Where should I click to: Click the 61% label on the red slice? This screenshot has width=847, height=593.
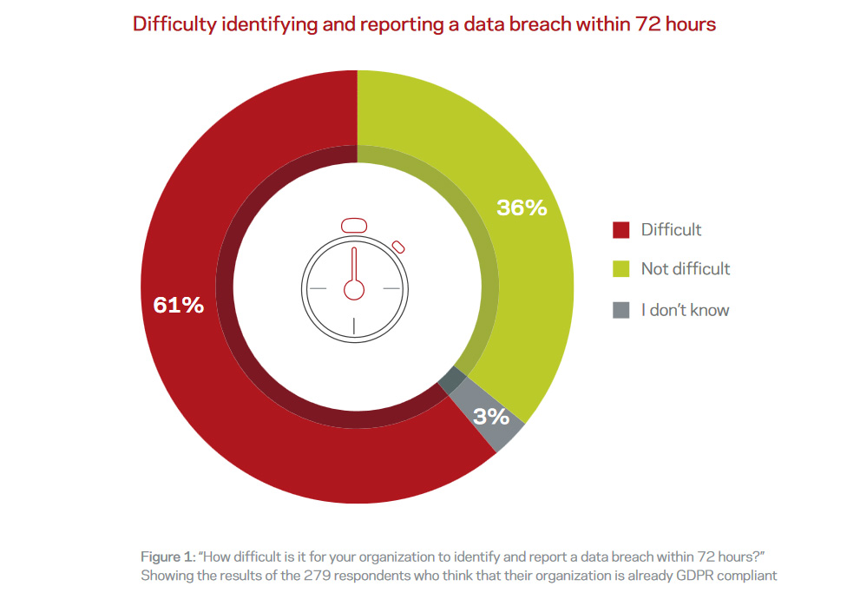tap(178, 306)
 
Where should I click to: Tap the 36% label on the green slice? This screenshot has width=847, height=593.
tap(522, 208)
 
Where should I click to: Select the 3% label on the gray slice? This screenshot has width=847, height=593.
tap(491, 417)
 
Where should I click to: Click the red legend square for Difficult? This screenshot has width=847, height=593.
tap(620, 230)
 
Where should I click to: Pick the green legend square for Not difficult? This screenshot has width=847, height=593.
tap(620, 269)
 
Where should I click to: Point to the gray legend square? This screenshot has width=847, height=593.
tap(620, 310)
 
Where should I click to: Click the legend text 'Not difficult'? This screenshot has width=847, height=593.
tap(686, 269)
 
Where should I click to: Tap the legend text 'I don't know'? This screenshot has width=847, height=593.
tap(685, 310)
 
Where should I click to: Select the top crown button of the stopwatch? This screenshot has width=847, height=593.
tap(353, 225)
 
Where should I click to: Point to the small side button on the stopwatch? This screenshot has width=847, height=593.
tap(398, 245)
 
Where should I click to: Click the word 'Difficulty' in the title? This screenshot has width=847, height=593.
tap(171, 24)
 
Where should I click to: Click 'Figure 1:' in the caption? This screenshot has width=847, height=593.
tap(167, 556)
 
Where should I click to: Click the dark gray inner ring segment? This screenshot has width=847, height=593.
tap(449, 379)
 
